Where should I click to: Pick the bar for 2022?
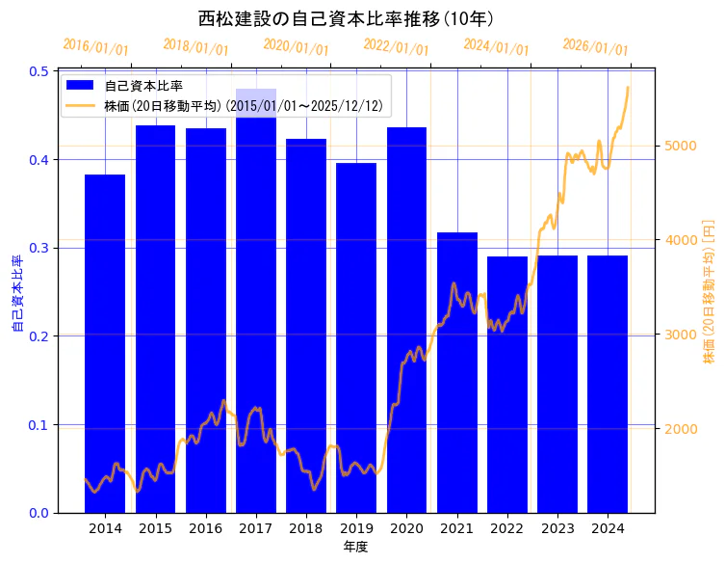tap(507, 385)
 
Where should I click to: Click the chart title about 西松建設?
tap(347, 18)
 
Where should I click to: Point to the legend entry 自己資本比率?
tap(143, 86)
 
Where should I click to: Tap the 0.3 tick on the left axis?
tap(39, 248)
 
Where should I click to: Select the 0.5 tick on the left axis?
tap(39, 71)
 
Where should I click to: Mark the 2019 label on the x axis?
tap(356, 528)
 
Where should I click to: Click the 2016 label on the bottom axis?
tap(206, 528)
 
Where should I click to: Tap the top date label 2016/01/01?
tap(95, 47)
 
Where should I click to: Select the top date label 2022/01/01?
tap(396, 47)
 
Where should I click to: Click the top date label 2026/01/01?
tap(595, 47)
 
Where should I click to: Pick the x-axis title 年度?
tap(356, 547)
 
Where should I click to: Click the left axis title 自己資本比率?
tap(16, 293)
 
